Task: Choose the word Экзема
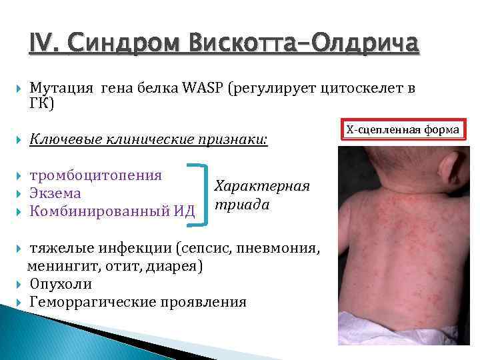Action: (55, 193)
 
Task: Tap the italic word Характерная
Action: (262, 186)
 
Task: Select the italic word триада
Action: (241, 205)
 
